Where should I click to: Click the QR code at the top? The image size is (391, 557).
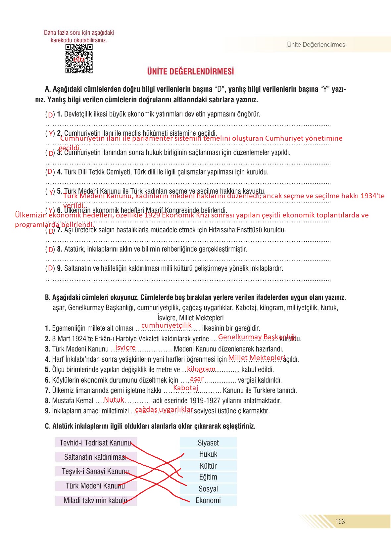(79, 59)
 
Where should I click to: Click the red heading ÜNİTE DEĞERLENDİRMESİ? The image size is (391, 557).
(190, 71)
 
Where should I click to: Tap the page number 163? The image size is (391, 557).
(340, 521)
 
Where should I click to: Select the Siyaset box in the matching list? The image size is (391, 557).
(208, 442)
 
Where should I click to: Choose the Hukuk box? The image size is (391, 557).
(208, 454)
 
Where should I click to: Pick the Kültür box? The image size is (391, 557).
(208, 466)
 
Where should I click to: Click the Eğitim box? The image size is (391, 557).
(208, 477)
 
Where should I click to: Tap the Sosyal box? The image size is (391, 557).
(208, 488)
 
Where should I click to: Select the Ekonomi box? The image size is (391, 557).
(208, 500)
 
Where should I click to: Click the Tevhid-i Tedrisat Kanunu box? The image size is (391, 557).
(96, 442)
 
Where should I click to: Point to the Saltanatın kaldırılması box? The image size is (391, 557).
(96, 457)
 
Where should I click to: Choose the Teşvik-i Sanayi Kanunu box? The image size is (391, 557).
(96, 471)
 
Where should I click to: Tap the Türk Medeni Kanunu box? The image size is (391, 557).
(96, 486)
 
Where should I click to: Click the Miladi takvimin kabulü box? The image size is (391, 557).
(96, 500)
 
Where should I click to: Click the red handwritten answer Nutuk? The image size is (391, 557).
(114, 399)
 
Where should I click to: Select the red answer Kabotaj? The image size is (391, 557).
(185, 388)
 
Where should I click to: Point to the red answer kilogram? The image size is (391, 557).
(201, 369)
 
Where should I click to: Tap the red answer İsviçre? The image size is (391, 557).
(125, 348)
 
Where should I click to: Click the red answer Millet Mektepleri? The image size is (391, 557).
(257, 357)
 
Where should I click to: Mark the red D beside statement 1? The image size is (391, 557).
(50, 115)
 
